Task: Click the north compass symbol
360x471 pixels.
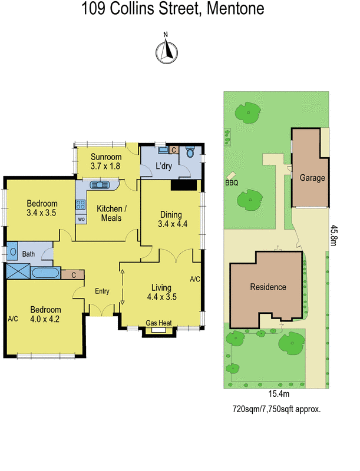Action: coord(167,52)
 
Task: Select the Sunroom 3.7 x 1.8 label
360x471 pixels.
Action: coord(106,161)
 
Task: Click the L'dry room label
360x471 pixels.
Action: coord(163,166)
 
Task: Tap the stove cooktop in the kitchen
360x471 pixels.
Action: coord(80,205)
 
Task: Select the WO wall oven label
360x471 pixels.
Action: coord(81,219)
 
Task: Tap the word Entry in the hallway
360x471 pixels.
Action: coord(102,291)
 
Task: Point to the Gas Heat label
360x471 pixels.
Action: coord(158,323)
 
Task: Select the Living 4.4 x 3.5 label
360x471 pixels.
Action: coord(161,292)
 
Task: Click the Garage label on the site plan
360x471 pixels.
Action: coord(312,178)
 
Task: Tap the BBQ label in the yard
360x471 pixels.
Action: coord(231,183)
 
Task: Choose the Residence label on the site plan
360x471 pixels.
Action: coord(268,287)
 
